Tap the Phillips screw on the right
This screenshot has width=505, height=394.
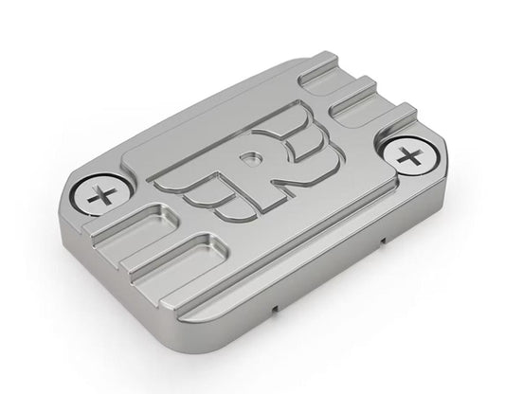[x=408, y=158]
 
